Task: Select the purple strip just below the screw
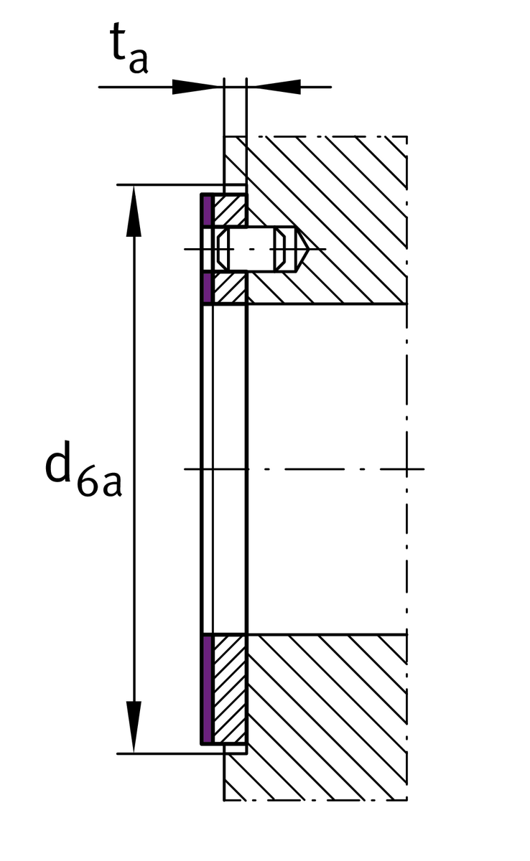pos(207,288)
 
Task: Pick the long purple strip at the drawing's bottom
pos(207,689)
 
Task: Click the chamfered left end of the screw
pos(223,250)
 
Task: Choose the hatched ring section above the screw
pos(230,212)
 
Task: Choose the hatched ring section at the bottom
pos(230,689)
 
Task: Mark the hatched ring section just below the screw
pos(230,288)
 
